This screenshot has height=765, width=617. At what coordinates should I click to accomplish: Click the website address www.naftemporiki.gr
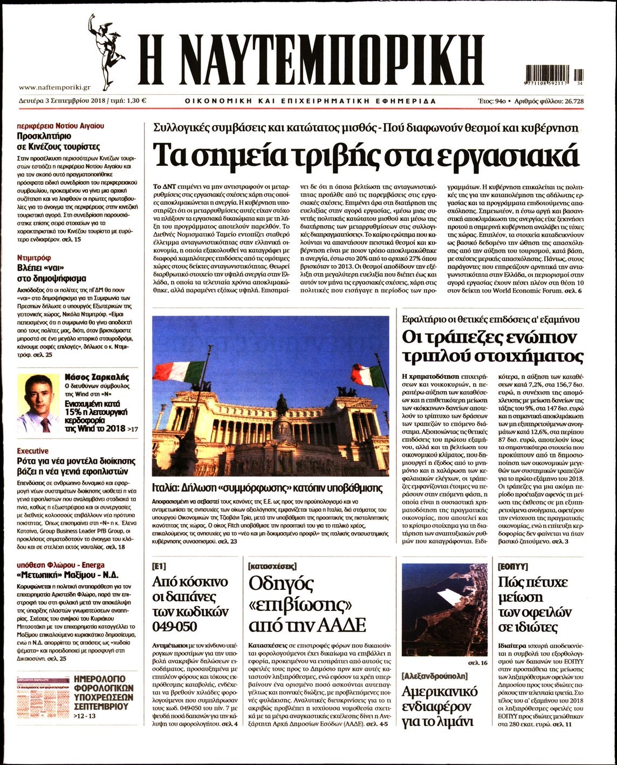click(x=54, y=87)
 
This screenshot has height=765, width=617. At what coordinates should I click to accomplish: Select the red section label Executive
click(x=32, y=450)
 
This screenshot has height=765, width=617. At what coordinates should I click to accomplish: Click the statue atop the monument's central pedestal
click(x=281, y=405)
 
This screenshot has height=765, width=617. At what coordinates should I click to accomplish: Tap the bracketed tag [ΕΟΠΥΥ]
click(x=512, y=566)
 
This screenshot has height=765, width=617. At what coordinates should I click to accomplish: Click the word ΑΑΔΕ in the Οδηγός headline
click(x=337, y=625)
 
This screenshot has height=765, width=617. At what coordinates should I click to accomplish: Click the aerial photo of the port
click(x=445, y=609)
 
